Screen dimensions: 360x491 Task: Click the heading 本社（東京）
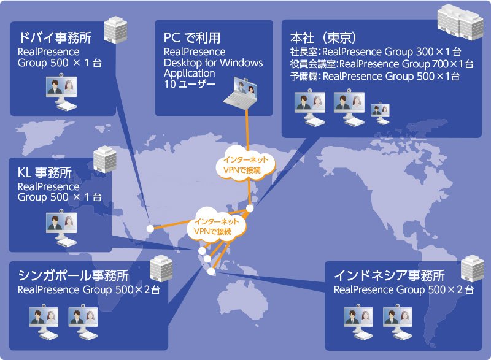326,36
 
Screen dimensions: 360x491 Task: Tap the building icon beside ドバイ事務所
112,29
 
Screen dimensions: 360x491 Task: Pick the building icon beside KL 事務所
105,159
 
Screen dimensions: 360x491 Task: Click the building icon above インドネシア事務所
472,266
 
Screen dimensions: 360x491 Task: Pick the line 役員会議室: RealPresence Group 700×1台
381,64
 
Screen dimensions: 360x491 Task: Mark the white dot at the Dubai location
149,228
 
